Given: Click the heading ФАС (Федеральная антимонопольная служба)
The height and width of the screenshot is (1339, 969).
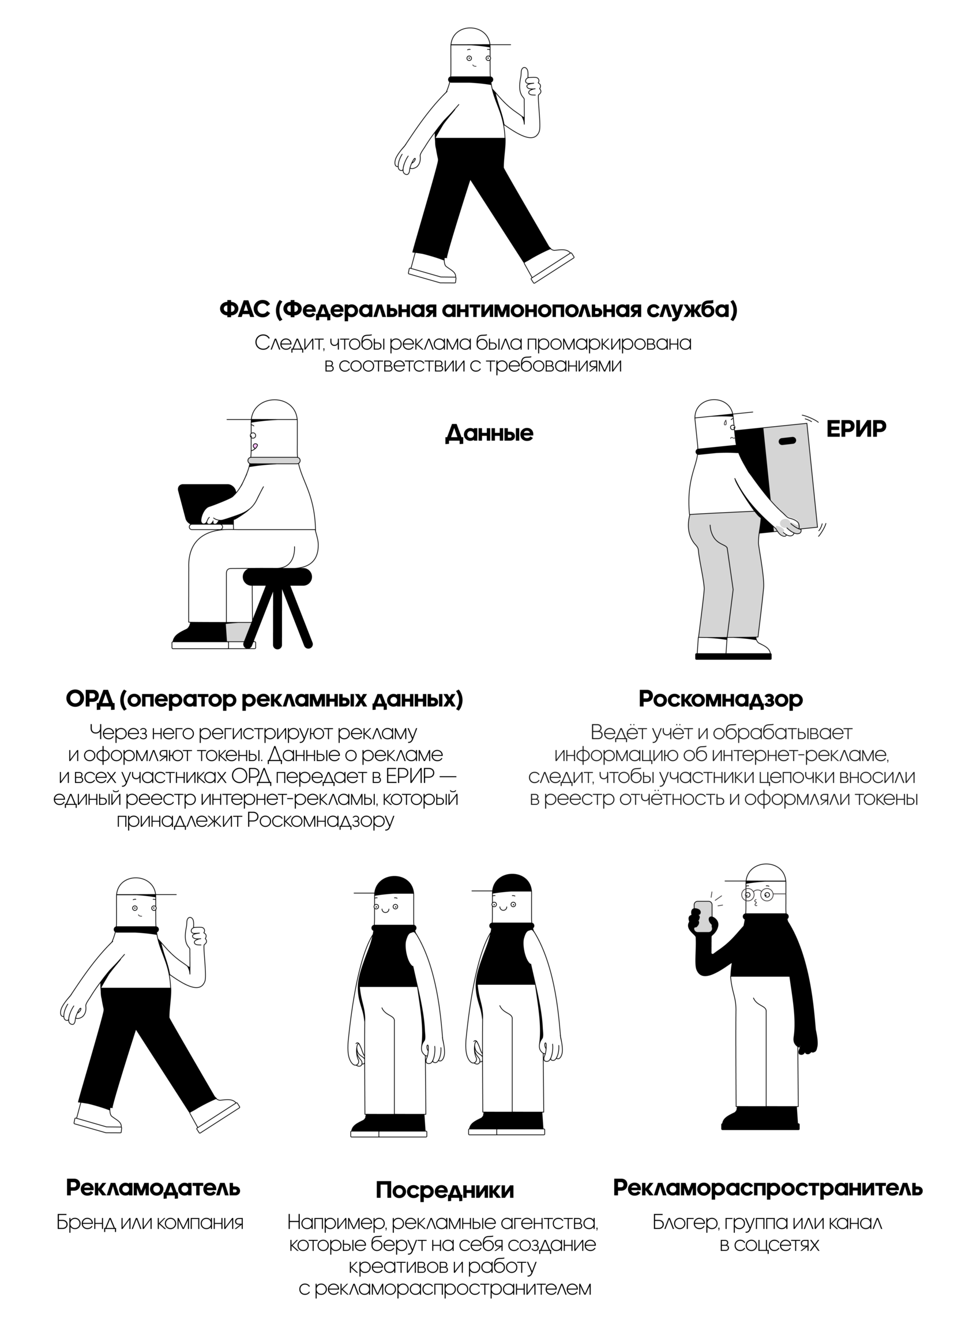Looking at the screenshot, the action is (478, 310).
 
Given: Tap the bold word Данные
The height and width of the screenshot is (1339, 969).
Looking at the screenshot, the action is (490, 432).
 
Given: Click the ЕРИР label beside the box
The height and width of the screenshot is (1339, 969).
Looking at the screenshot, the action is (856, 429).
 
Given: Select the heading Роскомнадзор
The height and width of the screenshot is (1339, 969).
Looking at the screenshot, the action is (720, 699).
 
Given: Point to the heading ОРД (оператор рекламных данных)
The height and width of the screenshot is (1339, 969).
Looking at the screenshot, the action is (265, 699).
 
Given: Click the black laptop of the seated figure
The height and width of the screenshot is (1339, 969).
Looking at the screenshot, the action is (206, 505).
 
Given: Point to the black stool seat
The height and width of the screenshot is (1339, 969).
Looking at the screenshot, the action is (277, 577).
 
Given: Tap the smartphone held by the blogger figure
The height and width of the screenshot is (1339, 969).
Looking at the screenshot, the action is (703, 917).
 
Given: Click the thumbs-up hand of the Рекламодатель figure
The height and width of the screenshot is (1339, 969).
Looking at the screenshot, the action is (195, 935).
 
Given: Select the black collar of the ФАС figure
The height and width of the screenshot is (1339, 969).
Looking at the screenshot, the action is (471, 80).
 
